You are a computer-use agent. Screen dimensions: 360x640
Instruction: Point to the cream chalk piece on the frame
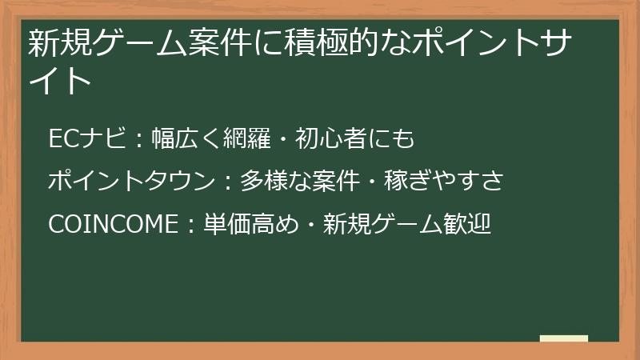(564, 338)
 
